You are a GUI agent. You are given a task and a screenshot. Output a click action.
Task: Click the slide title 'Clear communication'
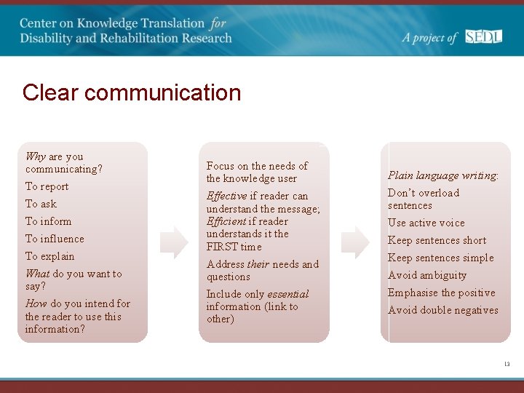[131, 93]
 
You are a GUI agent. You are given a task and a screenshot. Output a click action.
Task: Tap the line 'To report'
[47, 186]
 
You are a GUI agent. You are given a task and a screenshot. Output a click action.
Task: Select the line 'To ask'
[41, 204]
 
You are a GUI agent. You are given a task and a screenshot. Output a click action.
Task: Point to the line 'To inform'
[49, 221]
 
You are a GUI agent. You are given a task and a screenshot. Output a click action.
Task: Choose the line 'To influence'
[55, 239]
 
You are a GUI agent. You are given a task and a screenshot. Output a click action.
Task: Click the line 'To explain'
[50, 256]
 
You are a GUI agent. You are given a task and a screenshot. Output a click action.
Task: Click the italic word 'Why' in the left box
[36, 156]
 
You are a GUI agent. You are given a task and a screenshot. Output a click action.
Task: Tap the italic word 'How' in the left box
[36, 303]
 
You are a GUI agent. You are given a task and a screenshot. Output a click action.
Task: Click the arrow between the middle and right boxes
[355, 242]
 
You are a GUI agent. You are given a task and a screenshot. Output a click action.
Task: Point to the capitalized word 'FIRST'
[221, 247]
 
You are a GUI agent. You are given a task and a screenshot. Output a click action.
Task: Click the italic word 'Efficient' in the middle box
[226, 221]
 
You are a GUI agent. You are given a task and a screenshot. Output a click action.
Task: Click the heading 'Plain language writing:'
[443, 175]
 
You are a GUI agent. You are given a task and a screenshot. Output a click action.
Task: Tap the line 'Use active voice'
[426, 223]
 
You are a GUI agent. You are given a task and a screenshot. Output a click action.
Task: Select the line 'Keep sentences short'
[437, 240]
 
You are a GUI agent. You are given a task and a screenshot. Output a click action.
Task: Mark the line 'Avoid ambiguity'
[427, 275]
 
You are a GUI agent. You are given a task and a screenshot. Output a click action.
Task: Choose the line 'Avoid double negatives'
[443, 310]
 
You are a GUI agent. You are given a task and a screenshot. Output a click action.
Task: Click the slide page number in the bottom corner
[507, 363]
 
